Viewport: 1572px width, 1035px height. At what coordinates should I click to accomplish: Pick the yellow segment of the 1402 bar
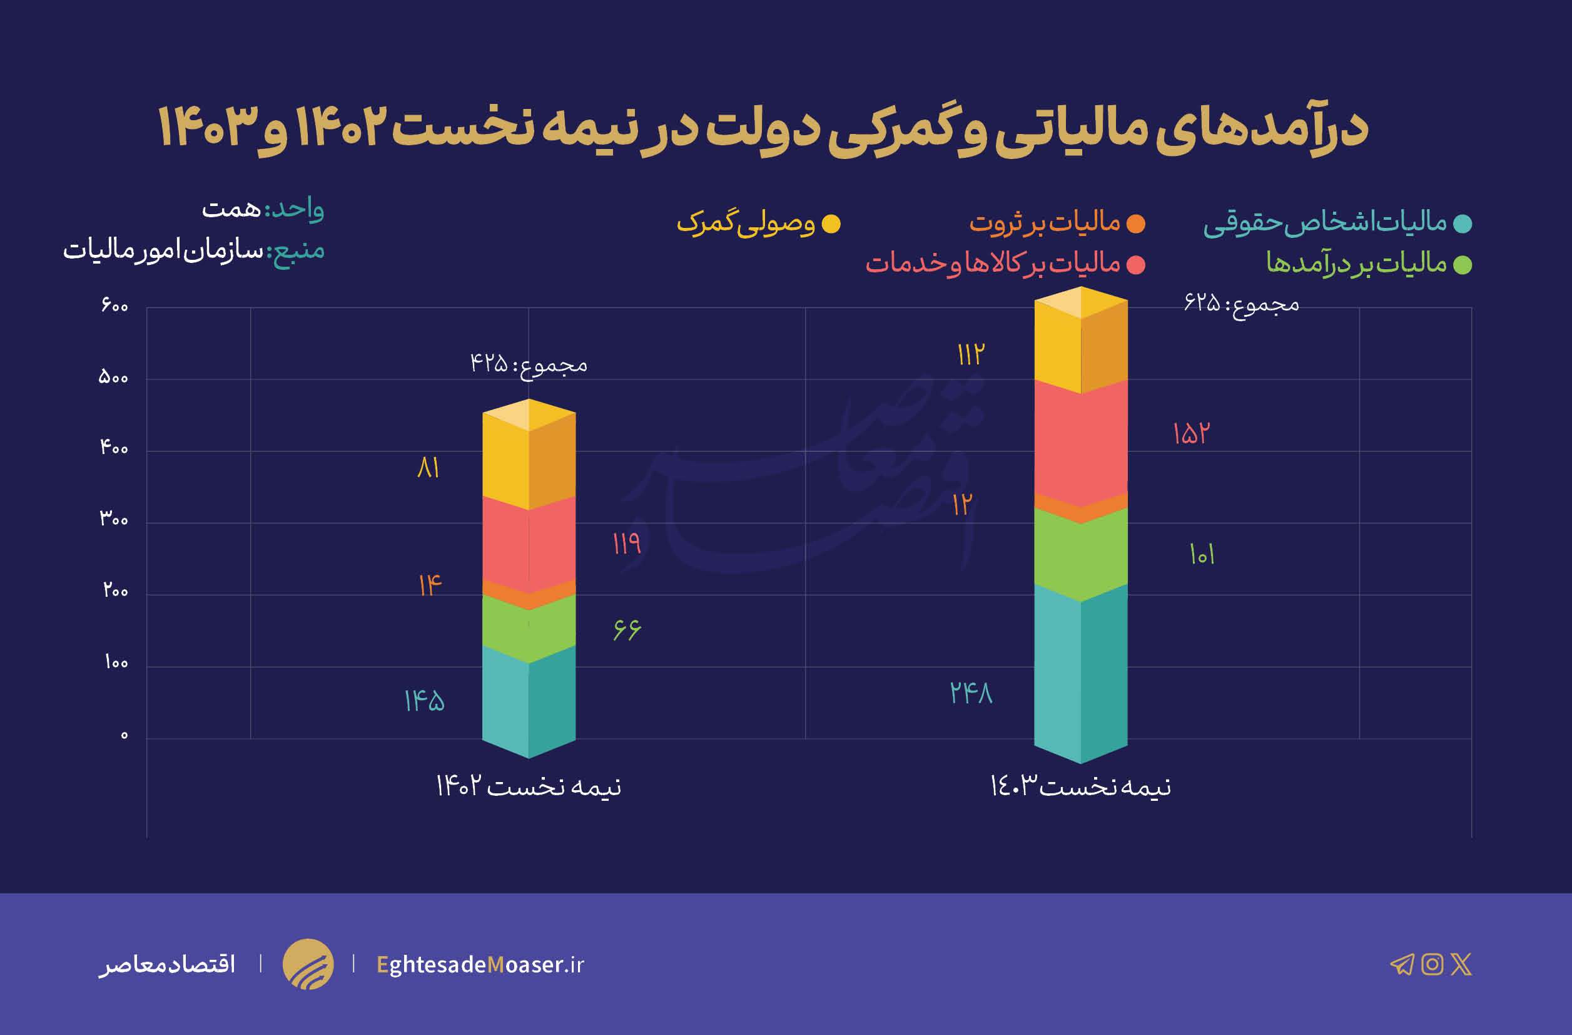pos(529,463)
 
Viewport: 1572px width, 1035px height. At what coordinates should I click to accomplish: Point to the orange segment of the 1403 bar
pos(1080,509)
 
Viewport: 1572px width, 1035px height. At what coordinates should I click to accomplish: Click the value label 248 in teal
pos(971,693)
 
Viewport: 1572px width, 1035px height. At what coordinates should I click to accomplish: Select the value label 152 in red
pos(1191,433)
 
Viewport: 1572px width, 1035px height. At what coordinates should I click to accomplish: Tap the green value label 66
pos(626,629)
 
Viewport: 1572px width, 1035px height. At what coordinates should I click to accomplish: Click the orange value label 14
pos(429,585)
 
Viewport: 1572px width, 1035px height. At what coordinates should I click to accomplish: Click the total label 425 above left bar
pos(529,364)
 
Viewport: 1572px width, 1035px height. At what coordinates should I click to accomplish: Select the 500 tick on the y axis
pos(114,378)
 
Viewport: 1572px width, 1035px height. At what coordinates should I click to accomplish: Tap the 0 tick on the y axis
pos(123,736)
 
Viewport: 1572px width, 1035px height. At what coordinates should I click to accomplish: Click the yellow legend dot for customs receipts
pos(830,224)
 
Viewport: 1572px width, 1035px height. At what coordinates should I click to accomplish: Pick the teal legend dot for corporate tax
pos(1463,224)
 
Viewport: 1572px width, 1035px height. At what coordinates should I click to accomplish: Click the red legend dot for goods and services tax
pos(1135,265)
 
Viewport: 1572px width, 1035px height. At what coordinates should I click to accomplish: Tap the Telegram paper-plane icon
pos(1402,964)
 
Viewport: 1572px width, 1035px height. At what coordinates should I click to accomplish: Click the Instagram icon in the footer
pos(1432,964)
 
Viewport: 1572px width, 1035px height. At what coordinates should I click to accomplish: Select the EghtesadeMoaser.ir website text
pos(480,964)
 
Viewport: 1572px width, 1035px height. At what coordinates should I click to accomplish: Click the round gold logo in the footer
pos(308,964)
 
